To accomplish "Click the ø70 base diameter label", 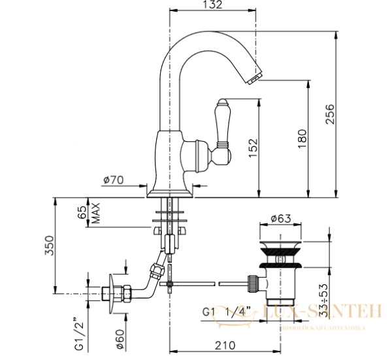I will [114, 179].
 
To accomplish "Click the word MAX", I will [95, 212].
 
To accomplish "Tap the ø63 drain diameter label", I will [280, 220].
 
